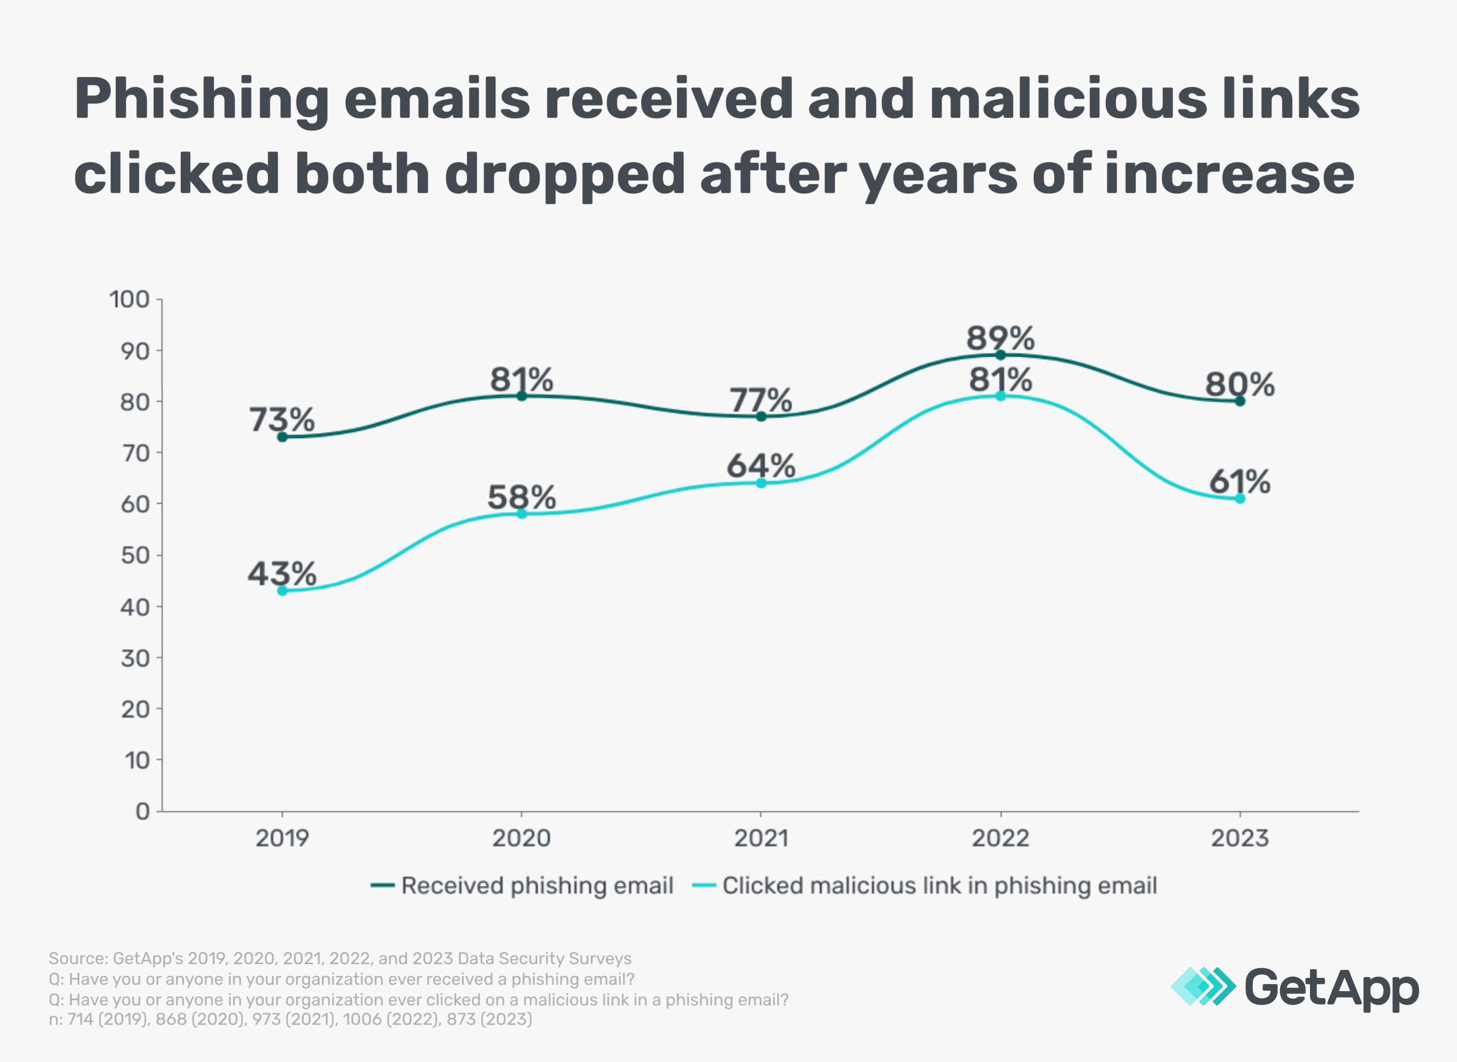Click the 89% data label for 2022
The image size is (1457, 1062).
pos(1000,338)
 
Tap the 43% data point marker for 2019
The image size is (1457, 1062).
pos(282,591)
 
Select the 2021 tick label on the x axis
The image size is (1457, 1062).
pos(761,838)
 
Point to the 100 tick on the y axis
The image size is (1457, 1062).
pos(129,300)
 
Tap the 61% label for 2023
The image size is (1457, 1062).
pos(1240,482)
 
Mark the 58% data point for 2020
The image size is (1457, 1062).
pos(521,514)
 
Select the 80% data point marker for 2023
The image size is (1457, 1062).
pos(1240,401)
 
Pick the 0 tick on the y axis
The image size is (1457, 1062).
pos(143,812)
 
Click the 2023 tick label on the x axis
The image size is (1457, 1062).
pos(1240,838)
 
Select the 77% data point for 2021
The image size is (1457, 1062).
pos(761,417)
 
